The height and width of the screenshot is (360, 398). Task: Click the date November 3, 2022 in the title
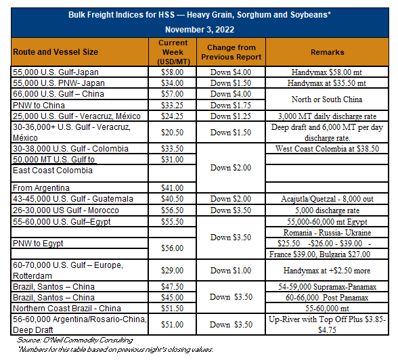200,29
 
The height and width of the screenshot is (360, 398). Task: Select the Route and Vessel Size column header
56,52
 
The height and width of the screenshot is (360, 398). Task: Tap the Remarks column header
328,52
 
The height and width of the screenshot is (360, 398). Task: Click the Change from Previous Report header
231,52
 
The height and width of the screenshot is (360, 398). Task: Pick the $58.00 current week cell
172,72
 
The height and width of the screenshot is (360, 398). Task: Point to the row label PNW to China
39,106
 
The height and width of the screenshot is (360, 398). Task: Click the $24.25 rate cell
172,116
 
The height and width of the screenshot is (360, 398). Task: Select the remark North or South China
327,99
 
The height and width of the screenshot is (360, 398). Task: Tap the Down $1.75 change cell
230,106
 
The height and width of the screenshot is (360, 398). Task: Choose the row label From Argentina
41,188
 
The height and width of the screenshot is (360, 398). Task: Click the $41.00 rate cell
172,188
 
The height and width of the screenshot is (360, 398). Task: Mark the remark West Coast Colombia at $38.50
327,149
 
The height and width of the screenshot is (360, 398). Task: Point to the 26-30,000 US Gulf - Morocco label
66,210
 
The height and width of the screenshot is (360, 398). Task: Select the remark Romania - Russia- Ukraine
327,233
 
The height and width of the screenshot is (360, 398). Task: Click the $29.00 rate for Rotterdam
172,271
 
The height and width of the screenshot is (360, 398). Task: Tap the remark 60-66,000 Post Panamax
327,298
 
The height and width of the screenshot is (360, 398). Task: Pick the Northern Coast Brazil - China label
67,309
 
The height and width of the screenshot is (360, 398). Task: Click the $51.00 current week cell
172,325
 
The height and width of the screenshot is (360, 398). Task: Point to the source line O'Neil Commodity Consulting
75,340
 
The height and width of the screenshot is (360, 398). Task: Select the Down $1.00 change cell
230,271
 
